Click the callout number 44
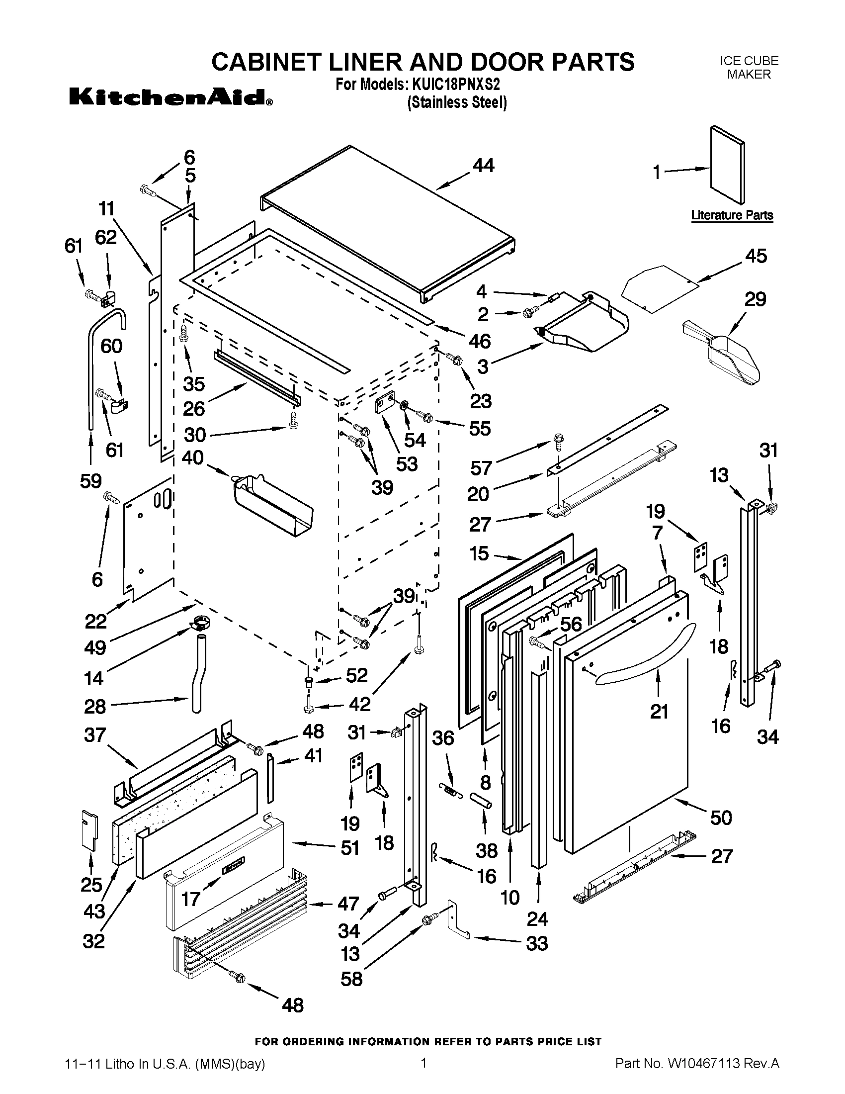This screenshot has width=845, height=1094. point(483,165)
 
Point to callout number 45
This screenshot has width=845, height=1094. point(756,256)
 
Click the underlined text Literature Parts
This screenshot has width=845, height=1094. point(732,215)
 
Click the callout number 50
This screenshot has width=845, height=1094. point(721,818)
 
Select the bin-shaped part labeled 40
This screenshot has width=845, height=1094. point(273,506)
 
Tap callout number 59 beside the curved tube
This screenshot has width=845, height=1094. point(90,481)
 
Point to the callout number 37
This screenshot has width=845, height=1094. point(95,735)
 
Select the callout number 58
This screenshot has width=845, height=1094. point(351,979)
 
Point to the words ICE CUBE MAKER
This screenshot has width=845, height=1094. point(749,68)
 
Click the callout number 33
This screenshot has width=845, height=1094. point(537,944)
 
